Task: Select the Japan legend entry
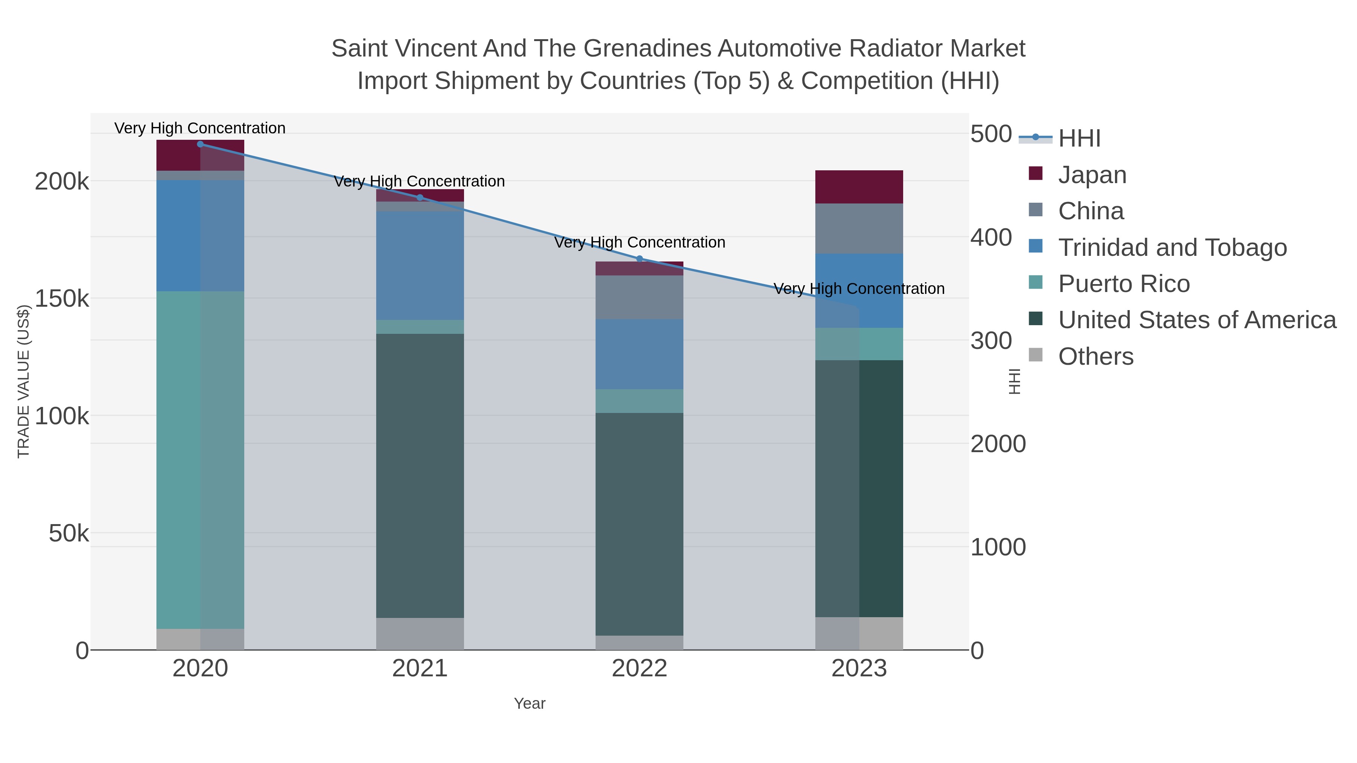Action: [x=1092, y=175]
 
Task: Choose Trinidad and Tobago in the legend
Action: [x=1172, y=248]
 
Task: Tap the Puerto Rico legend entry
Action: [x=1124, y=284]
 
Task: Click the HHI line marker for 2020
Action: [x=200, y=144]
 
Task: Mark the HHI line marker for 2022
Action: [x=640, y=258]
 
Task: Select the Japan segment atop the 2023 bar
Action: [x=859, y=187]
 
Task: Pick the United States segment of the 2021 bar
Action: [x=420, y=474]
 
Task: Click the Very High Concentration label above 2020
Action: [x=200, y=128]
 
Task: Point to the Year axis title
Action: [x=530, y=703]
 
